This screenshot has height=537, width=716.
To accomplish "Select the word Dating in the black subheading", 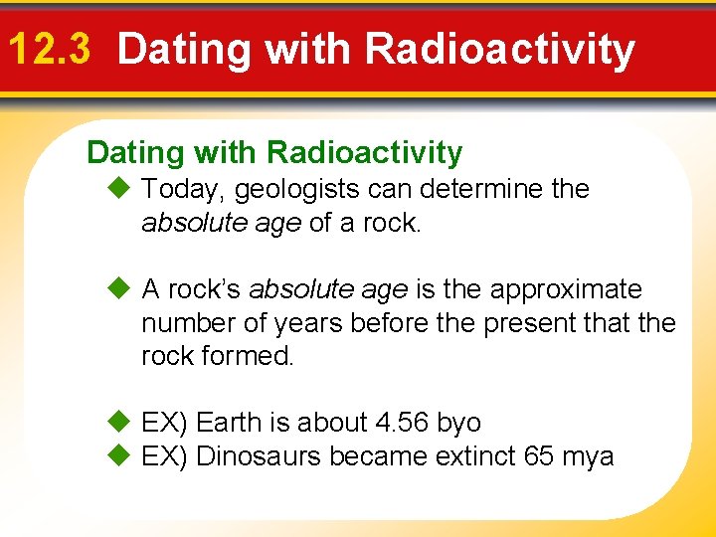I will tap(136, 153).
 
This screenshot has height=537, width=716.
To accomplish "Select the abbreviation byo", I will tap(459, 424).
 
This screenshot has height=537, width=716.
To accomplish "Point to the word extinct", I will tap(468, 456).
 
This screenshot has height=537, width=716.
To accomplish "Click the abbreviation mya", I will tap(589, 457).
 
